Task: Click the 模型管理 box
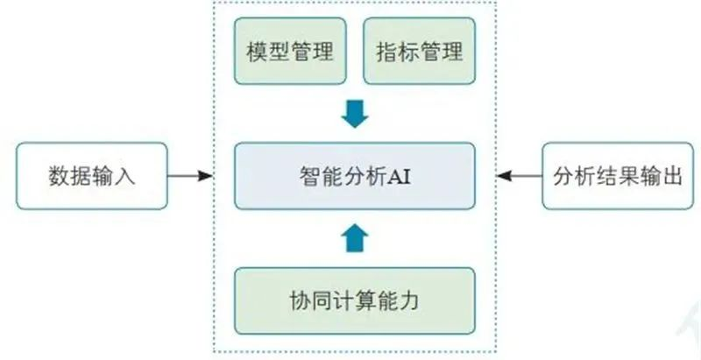pos(290,51)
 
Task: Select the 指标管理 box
pos(419,51)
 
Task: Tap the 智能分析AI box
pos(355,176)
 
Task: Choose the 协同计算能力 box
pos(355,300)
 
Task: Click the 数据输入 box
pos(92,176)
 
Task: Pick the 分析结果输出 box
pos(618,176)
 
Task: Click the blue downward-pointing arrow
pos(355,114)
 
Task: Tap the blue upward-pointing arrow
pos(355,238)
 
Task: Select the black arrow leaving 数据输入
pos(190,176)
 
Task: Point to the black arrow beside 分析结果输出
pos(520,176)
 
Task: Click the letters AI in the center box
pos(399,177)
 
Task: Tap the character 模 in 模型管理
pos(257,52)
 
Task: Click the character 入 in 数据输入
pos(124,177)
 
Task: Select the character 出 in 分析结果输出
pos(672,177)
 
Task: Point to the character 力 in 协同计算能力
pos(409,301)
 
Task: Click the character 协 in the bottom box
pos(301,301)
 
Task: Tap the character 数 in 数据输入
pos(59,177)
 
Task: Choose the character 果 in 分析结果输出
pos(628,177)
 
